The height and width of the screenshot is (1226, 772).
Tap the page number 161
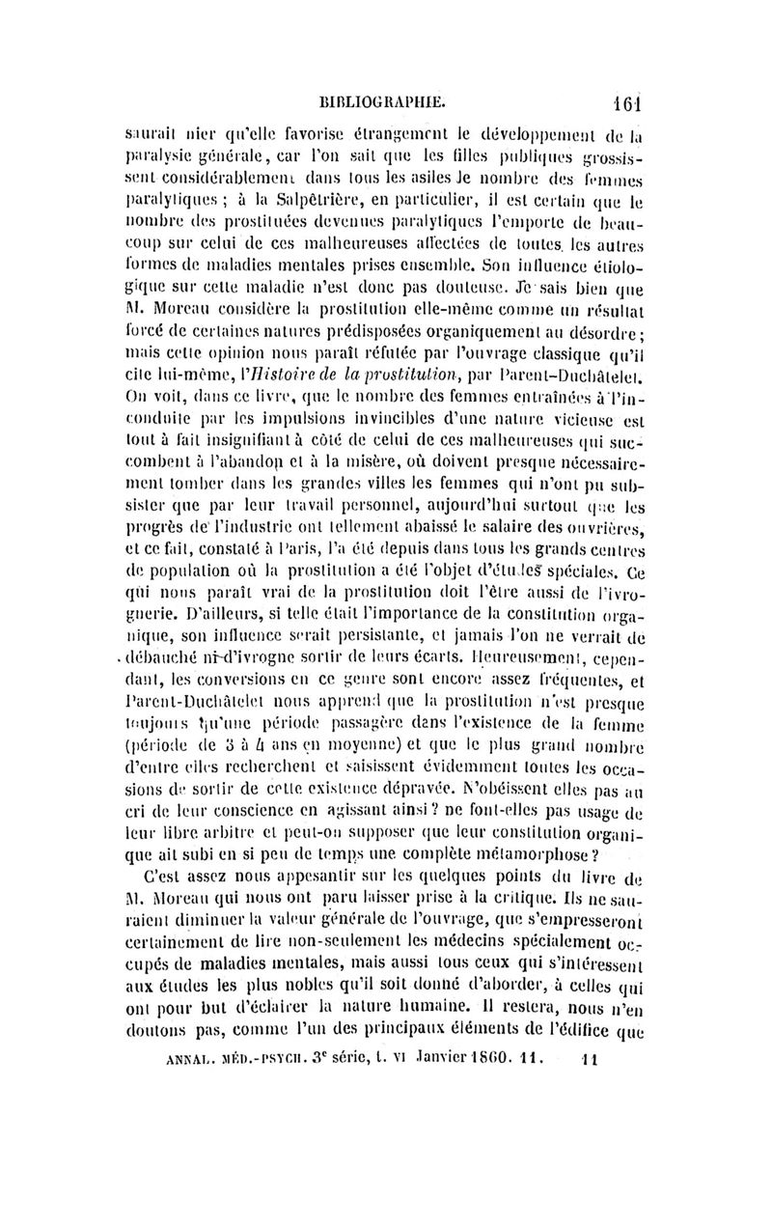pyautogui.click(x=614, y=98)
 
